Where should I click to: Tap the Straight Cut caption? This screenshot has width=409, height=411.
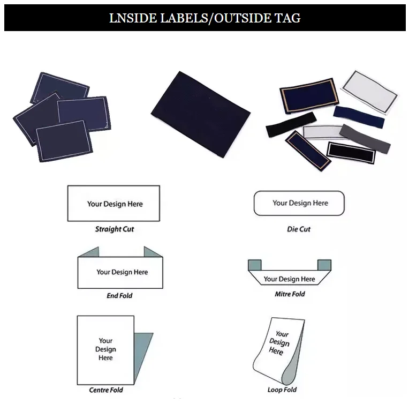pos(115,229)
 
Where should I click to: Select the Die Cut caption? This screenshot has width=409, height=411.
pos(299,229)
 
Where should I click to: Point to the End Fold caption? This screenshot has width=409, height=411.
pos(119,296)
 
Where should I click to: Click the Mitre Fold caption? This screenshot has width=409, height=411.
pos(290,294)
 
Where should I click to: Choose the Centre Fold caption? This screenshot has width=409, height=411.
pos(106,390)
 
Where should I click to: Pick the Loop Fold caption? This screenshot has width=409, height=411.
pos(282,390)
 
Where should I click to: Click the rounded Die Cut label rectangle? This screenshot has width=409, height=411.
pos(299,203)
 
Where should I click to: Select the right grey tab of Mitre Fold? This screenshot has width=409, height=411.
pos(324,265)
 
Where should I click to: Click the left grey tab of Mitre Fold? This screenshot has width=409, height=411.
pos(255,265)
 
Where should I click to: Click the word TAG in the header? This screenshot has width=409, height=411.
pos(289,18)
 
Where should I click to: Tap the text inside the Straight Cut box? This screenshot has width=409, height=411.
pos(115,204)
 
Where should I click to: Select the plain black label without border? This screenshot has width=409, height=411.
pos(284,128)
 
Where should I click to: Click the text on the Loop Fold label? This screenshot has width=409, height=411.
pos(278,342)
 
